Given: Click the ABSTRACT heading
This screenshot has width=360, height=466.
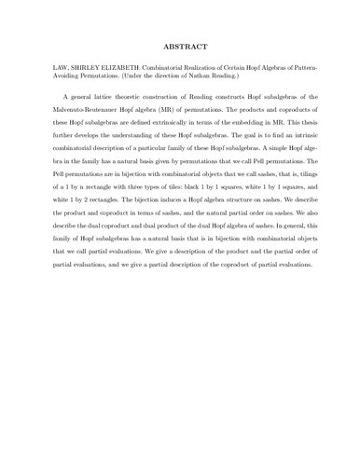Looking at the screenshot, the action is [180, 45].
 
